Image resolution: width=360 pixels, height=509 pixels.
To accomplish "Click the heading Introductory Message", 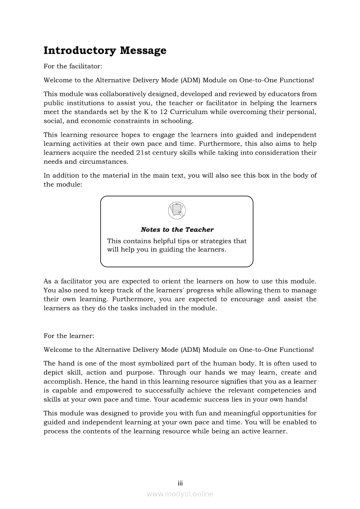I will pyautogui.click(x=105, y=51).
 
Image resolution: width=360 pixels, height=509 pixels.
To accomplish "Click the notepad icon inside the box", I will pyautogui.click(x=177, y=211).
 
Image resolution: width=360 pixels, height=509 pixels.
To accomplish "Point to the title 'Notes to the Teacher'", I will pyautogui.click(x=177, y=229).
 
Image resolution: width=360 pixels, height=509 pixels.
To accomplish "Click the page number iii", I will pyautogui.click(x=180, y=483).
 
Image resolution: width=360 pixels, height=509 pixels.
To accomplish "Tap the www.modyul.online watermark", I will pyautogui.click(x=180, y=494).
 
